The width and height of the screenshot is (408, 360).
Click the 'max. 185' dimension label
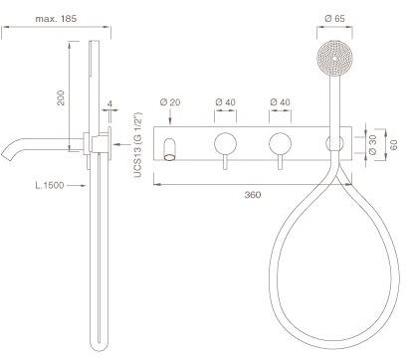pyautogui.click(x=56, y=19)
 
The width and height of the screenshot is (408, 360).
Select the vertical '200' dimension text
pyautogui.click(x=61, y=97)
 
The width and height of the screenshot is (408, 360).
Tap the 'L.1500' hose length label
pyautogui.click(x=50, y=185)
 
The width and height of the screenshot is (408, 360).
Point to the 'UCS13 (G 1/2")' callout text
pyautogui.click(x=138, y=145)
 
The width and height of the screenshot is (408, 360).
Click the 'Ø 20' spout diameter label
pyautogui.click(x=170, y=102)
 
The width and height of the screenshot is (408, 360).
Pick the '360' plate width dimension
pyautogui.click(x=253, y=195)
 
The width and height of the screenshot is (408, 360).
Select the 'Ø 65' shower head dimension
pyautogui.click(x=334, y=19)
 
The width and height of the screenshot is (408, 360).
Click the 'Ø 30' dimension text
pyautogui.click(x=372, y=145)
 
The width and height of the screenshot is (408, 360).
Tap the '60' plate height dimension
pyautogui.click(x=393, y=145)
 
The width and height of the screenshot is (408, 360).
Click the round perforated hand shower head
pyautogui.click(x=334, y=59)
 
